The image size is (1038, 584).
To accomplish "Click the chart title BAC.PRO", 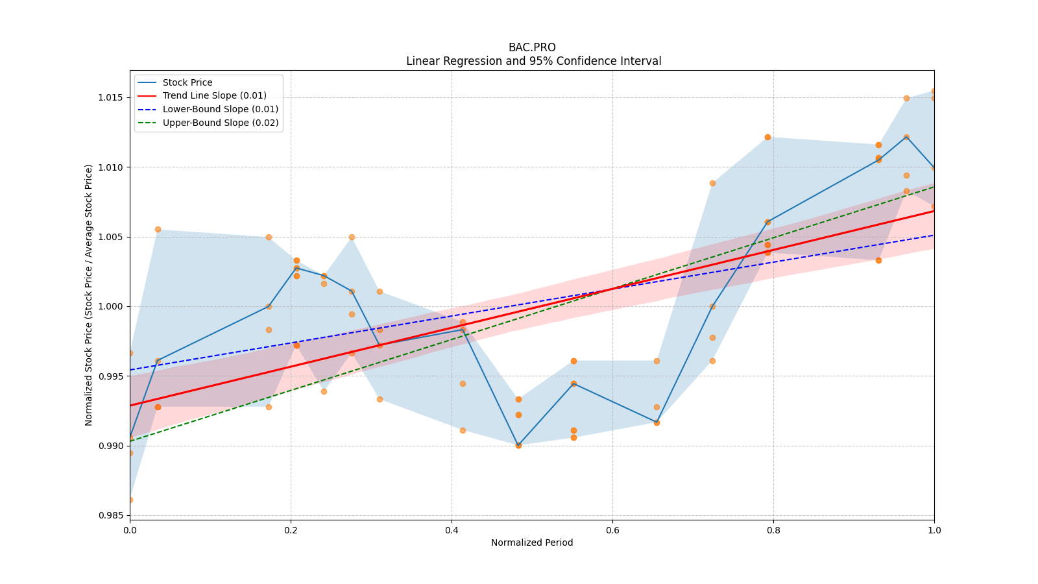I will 532,47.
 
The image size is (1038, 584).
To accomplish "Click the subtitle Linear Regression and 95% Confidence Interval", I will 533,61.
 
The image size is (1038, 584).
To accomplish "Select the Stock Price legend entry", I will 187,82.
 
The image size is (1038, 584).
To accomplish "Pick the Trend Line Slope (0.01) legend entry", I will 214,96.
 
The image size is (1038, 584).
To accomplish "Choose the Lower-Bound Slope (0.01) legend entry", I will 220,110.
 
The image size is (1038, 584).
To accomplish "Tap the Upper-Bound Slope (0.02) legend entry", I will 221,123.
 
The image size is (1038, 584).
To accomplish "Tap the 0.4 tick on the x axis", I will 452,530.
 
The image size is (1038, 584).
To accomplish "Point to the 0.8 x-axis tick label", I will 773,530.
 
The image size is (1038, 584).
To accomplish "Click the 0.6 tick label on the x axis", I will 612,530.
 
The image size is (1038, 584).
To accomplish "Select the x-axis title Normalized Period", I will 532,542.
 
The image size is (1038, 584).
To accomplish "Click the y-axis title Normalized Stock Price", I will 89,295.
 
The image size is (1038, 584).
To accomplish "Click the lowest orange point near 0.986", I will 130,500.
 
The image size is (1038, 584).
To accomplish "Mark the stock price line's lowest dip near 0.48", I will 518,445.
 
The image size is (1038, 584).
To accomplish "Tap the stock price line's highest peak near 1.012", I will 906,137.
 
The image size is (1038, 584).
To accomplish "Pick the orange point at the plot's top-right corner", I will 934,91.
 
